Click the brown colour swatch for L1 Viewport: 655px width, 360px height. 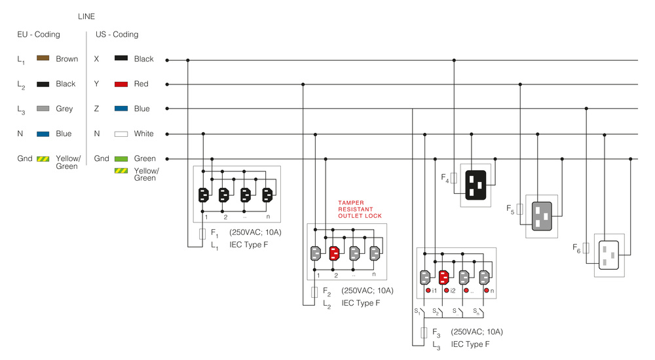43,58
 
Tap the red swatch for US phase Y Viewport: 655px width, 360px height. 121,84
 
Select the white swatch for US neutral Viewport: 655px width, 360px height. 121,134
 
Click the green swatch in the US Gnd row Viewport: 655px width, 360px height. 121,158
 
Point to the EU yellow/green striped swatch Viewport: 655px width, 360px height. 43,158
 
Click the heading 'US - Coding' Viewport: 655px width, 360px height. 117,34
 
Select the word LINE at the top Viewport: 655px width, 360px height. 86,16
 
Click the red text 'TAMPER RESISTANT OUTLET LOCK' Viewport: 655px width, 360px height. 360,209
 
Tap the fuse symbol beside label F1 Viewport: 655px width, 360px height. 202,234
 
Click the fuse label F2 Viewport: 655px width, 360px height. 327,291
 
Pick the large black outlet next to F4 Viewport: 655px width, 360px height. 476,185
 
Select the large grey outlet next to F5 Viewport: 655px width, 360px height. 542,217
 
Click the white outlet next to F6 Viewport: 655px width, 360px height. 608,255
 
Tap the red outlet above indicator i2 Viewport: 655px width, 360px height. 443,277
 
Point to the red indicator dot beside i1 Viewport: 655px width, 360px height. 428,290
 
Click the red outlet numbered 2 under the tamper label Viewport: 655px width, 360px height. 334,253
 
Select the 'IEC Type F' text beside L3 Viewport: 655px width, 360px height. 470,344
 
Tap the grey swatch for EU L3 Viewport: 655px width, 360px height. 43,109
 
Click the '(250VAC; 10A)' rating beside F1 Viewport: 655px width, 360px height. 255,232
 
